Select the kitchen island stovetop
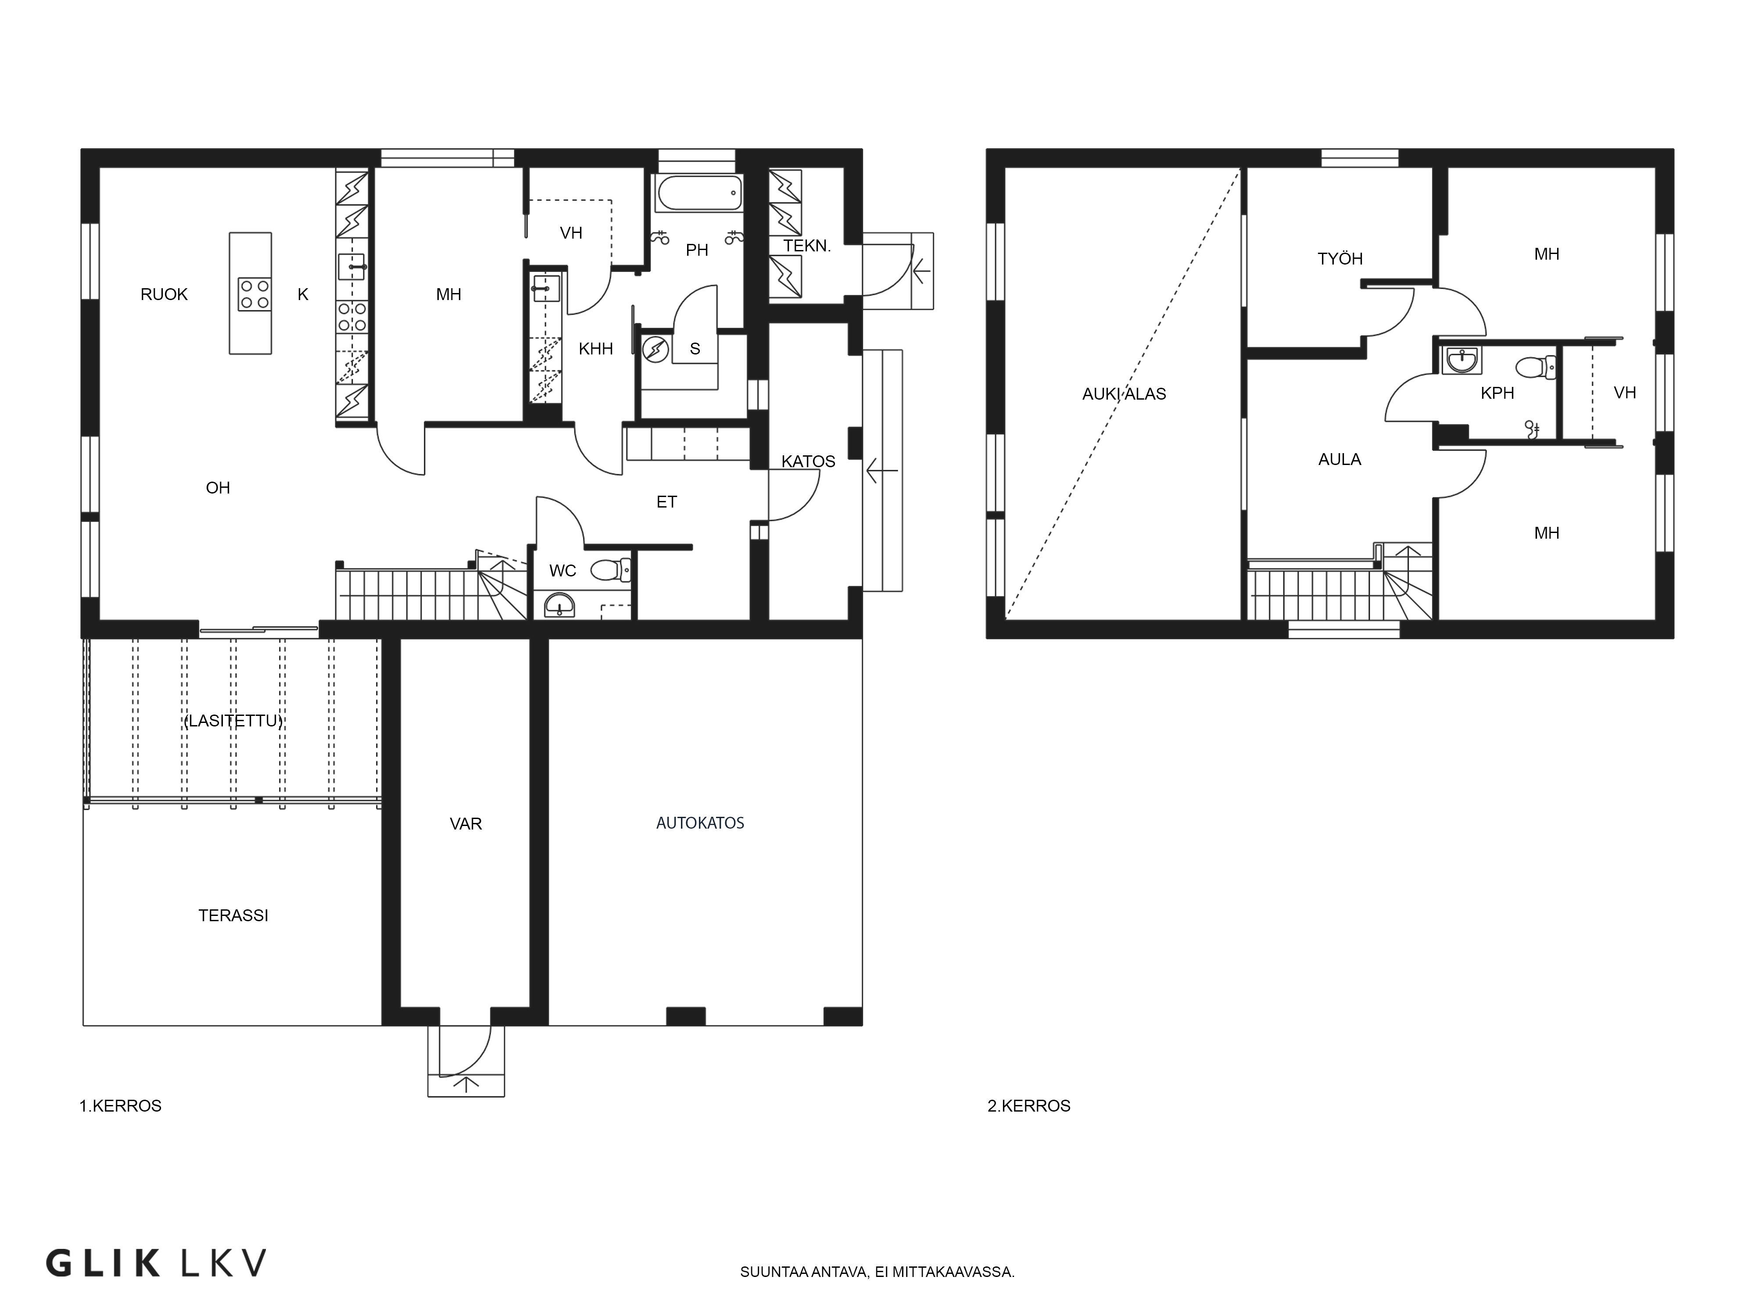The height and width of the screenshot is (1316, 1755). (x=254, y=293)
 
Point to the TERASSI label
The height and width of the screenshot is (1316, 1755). (x=233, y=915)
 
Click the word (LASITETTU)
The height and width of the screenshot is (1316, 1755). (x=233, y=721)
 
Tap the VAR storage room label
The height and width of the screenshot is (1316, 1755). (x=466, y=824)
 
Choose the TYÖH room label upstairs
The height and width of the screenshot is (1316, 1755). (x=1340, y=259)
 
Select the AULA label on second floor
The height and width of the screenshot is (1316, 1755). (x=1340, y=459)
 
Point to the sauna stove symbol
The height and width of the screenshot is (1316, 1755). (x=655, y=349)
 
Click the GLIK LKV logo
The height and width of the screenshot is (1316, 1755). (x=155, y=1263)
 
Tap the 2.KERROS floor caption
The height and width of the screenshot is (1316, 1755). (x=1029, y=1106)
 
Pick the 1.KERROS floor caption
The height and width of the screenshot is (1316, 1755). (x=121, y=1106)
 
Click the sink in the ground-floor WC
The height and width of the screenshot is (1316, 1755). (x=561, y=605)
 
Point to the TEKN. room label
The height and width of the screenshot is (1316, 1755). (x=807, y=246)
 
